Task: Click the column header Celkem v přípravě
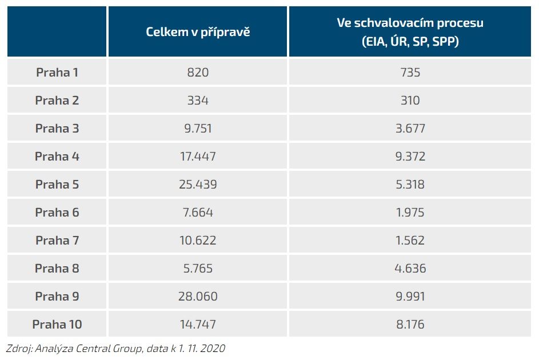[198, 32]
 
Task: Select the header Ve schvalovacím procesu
[410, 24]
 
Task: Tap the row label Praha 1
[57, 73]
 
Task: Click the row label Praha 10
[57, 325]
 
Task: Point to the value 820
[198, 73]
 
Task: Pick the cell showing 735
[410, 73]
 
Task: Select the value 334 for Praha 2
[198, 101]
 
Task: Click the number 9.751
[198, 129]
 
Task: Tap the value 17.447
[198, 157]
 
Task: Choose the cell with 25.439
[198, 185]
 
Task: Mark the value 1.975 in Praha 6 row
[410, 213]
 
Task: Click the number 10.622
[198, 241]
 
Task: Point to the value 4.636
[410, 269]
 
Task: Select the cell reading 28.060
[198, 297]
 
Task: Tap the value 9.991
[410, 297]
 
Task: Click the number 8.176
[410, 325]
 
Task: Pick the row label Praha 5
[57, 185]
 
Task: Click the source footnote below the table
[115, 348]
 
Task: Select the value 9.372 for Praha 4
[410, 157]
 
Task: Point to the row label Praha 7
[57, 241]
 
